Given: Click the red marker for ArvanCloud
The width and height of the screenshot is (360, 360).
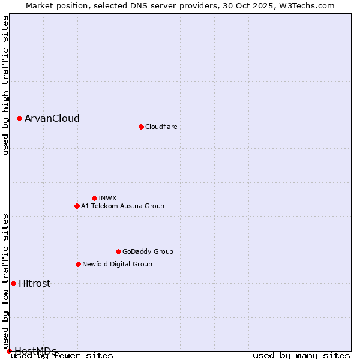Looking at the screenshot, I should coord(20,119).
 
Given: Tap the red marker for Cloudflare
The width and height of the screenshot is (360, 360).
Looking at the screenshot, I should coord(141,127).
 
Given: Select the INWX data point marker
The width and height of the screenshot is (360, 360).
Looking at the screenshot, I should coord(94,198).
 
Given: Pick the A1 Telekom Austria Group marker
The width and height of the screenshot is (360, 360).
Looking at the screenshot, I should coord(77,206).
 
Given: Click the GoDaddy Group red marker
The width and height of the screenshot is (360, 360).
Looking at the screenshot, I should coord(118,251).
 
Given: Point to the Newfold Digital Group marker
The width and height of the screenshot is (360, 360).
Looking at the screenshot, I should coord(78,264).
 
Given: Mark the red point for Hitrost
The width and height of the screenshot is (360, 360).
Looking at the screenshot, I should coord(13,283).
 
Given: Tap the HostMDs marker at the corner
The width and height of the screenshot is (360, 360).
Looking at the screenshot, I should coord(9,351).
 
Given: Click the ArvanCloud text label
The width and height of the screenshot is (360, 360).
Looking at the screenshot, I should coord(52,119).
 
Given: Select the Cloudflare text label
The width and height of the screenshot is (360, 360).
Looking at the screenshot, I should coord(161,127).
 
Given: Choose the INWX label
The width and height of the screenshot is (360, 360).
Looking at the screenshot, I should coord(107,198).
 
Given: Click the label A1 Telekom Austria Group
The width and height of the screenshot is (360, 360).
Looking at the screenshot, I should coord(122,206).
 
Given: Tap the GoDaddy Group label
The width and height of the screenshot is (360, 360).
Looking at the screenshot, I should coord(148,251).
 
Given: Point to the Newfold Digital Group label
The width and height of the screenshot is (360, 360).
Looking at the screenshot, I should coord(117,264).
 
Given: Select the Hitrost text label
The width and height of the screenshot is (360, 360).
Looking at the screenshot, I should coord(34,284).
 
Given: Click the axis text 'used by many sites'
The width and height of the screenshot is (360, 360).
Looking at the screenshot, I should coord(301,355).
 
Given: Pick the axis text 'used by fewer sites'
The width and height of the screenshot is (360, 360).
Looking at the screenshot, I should coord(62,355).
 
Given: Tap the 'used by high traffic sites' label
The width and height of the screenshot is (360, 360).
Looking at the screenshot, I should coord(5,86).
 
